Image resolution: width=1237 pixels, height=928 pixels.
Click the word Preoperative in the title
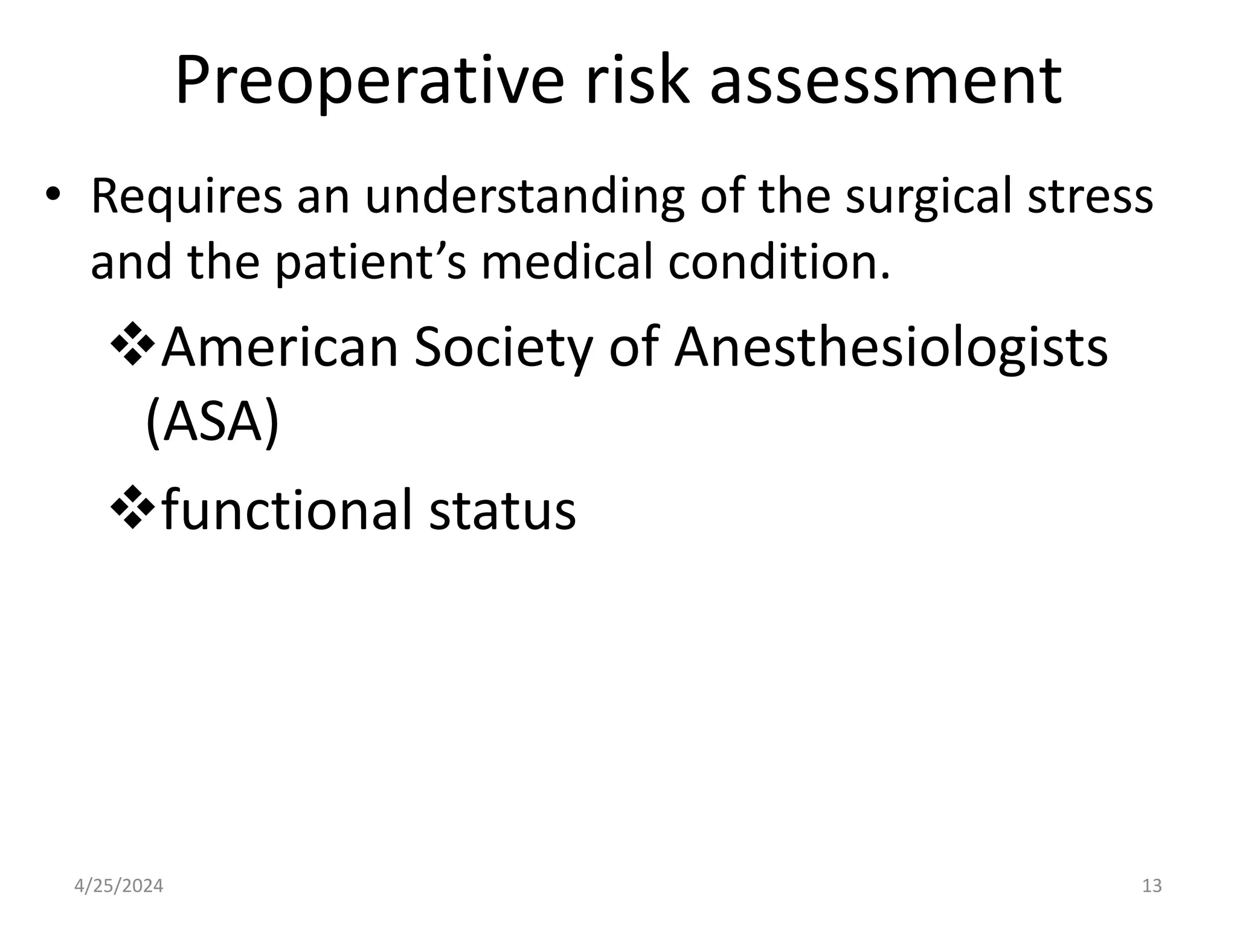(370, 82)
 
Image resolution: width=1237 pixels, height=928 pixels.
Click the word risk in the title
(637, 82)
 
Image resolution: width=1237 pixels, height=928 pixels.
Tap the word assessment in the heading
(885, 82)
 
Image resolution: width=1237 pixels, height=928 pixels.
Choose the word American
(280, 348)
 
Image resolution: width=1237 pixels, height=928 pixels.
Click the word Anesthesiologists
(891, 349)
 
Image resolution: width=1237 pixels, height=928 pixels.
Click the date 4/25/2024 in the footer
(118, 886)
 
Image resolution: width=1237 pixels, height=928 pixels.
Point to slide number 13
(1152, 886)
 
